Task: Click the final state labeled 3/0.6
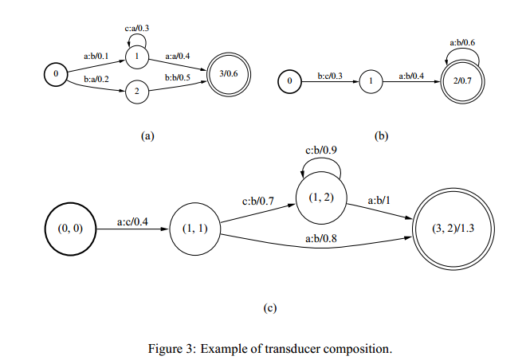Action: tap(229, 74)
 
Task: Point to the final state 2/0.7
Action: tap(462, 81)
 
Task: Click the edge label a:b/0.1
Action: tap(96, 56)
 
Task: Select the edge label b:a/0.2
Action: tap(96, 80)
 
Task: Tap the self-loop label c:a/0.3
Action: tap(137, 28)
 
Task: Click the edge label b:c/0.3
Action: tap(330, 76)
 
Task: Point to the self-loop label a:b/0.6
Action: tap(462, 42)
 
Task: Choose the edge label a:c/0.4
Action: tap(132, 222)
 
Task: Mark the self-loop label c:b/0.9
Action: tap(321, 150)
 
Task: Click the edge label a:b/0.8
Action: tap(321, 239)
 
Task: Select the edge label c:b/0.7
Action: tap(258, 202)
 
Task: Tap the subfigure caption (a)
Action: tap(147, 135)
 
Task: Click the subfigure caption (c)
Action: tap(270, 308)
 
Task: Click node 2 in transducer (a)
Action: tap(137, 91)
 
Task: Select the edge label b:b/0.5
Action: tap(178, 78)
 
